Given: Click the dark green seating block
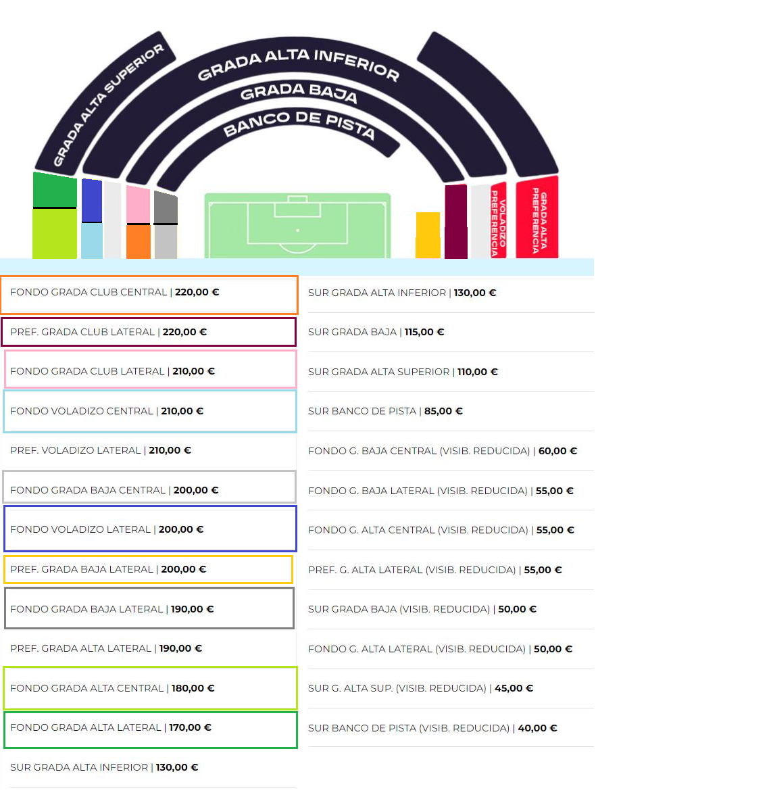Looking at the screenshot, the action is [55, 190].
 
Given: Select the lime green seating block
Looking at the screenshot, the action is [54, 234].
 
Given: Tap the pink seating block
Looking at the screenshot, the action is [139, 205].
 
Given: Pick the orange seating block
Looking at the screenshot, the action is [139, 242].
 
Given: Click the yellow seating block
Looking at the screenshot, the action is [428, 235].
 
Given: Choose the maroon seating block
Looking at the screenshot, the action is [456, 222].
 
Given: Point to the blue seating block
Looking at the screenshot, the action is [92, 200].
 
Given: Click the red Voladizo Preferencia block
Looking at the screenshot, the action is [499, 220].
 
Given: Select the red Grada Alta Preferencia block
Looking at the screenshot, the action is [537, 218].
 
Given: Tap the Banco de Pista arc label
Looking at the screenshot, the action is [299, 124].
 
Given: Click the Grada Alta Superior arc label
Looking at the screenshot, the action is [108, 104].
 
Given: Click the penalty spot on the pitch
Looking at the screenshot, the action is [297, 231].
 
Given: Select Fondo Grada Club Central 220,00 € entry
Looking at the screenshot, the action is [114, 292].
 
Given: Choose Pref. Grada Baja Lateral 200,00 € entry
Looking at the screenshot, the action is [107, 569].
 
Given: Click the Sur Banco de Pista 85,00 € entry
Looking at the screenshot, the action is [385, 411].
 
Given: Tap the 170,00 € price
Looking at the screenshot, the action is [190, 727].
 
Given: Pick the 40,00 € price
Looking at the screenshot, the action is [537, 728].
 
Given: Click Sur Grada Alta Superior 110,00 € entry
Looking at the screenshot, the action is [403, 372].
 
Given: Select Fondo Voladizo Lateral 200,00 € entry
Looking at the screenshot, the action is [107, 529].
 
